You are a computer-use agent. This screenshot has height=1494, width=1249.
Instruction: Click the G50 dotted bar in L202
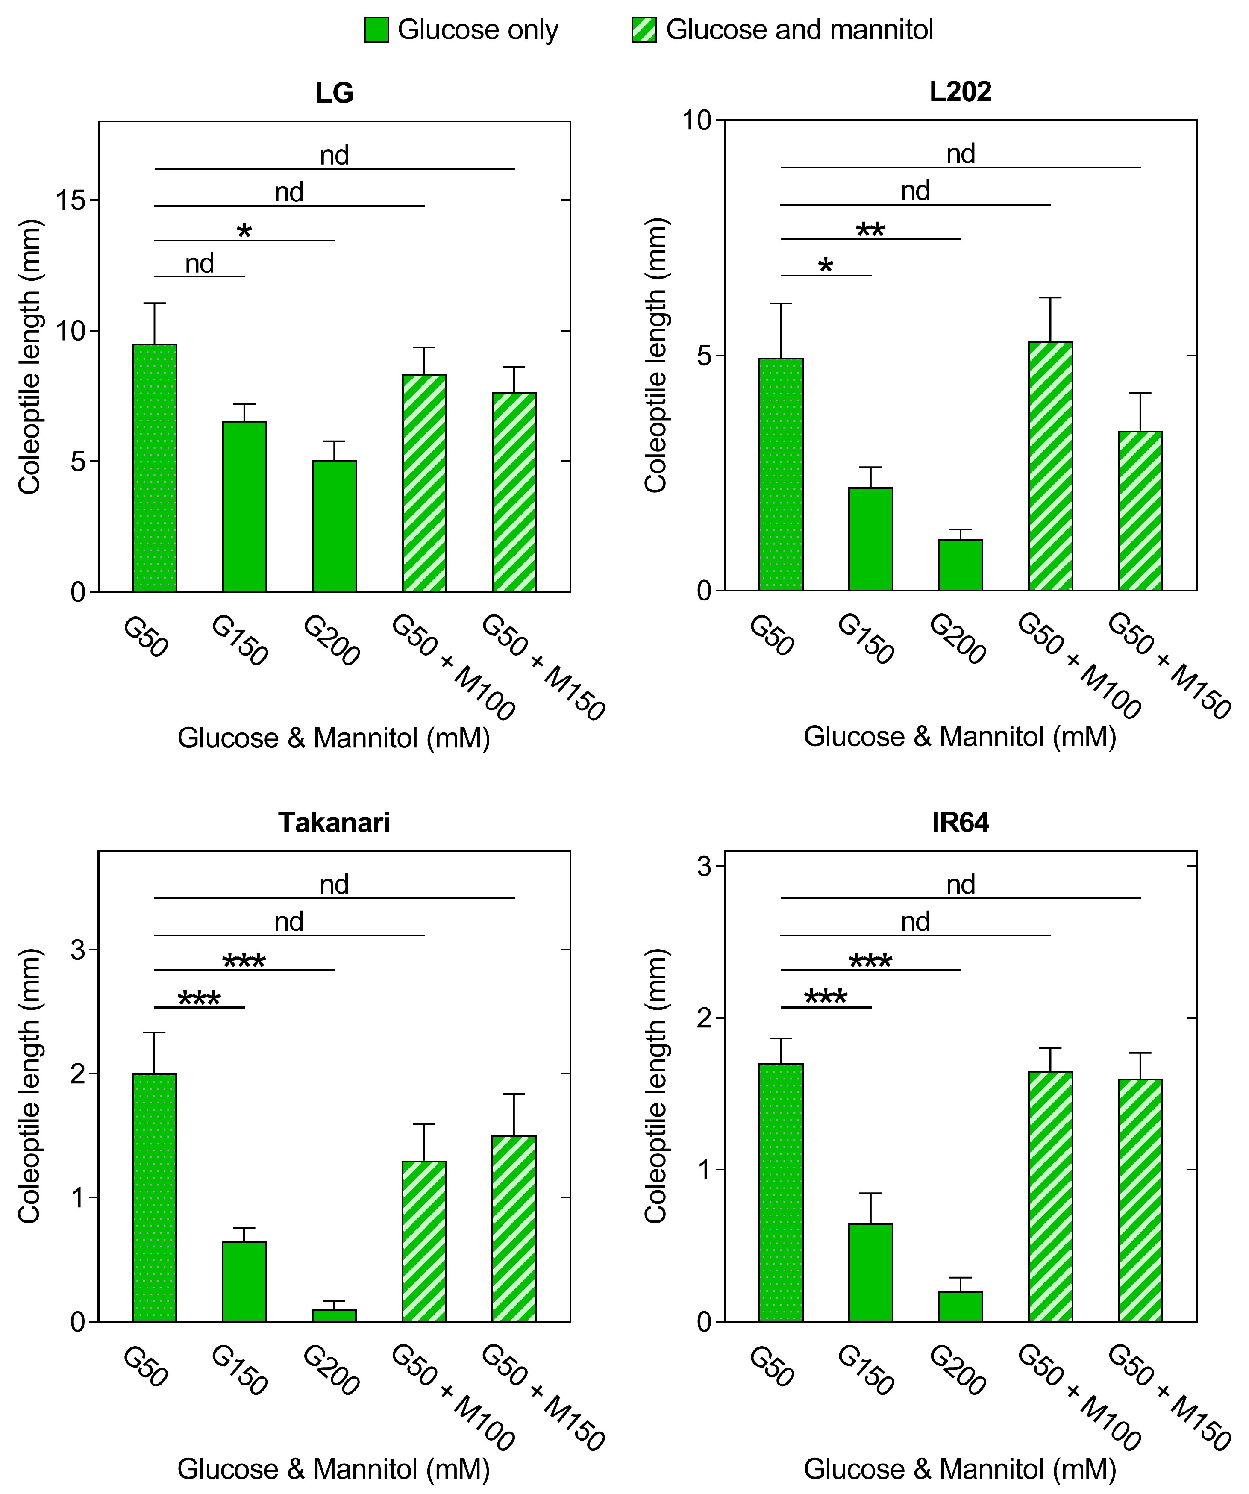(x=780, y=474)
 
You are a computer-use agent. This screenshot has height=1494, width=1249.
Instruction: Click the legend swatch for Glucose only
(x=376, y=30)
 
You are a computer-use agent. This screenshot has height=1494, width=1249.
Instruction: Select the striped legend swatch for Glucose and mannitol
(x=644, y=30)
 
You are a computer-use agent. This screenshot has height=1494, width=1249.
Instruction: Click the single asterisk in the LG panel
(x=244, y=230)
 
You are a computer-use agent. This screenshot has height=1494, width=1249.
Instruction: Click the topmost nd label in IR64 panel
(x=960, y=885)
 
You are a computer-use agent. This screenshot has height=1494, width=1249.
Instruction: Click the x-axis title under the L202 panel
(x=960, y=736)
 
